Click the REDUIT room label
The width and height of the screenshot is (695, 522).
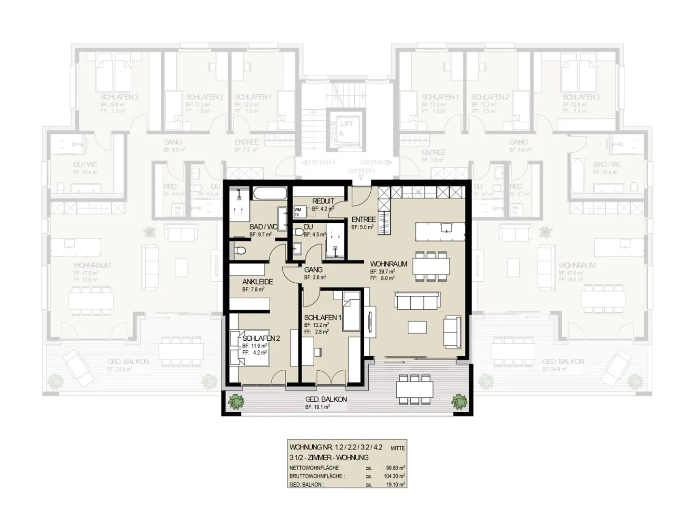tap(323, 201)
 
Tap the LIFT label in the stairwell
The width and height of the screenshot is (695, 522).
tap(347, 124)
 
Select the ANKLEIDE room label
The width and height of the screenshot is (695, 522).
tap(258, 281)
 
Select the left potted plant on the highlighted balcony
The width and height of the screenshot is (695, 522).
tap(236, 401)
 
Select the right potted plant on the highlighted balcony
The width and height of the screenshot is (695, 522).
tap(459, 401)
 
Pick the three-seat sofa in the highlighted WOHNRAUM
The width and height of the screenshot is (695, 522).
tap(417, 302)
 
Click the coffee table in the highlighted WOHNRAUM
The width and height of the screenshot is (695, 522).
tap(417, 328)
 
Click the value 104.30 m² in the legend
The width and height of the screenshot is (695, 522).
tap(394, 476)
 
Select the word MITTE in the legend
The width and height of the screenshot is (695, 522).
tap(398, 448)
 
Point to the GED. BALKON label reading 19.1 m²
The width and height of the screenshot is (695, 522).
tap(326, 399)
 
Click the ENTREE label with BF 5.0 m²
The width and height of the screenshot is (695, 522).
tap(363, 219)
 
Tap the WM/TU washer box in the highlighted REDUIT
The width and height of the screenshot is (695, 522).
tap(297, 211)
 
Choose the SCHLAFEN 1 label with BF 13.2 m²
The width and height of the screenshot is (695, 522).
tap(323, 318)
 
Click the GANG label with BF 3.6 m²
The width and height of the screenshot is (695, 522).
tap(313, 269)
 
